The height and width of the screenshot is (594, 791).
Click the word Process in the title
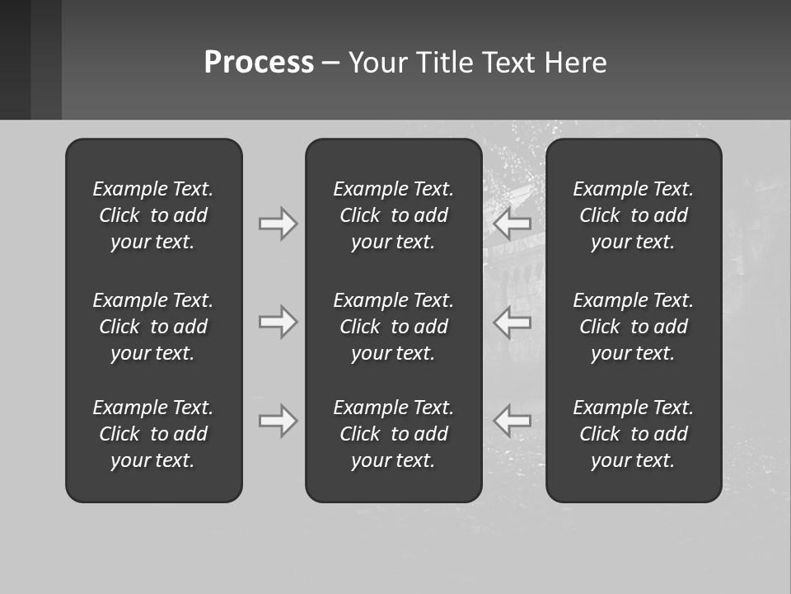(259, 63)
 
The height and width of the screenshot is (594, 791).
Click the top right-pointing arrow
(278, 223)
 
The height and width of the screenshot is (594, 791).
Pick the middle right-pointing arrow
(278, 322)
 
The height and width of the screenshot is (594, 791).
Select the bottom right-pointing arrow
(278, 421)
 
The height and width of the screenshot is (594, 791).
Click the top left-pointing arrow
(513, 223)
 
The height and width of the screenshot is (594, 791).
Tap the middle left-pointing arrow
(513, 322)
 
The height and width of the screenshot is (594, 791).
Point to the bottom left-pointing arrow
(513, 421)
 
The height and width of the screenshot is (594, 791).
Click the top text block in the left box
(153, 215)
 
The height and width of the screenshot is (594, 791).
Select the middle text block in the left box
(153, 327)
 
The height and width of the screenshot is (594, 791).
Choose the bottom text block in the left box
(153, 434)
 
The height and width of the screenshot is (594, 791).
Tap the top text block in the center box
(394, 215)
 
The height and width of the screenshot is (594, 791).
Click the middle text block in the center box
(394, 327)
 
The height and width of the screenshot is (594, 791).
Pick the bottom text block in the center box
(394, 434)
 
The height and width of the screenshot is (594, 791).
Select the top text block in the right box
(634, 215)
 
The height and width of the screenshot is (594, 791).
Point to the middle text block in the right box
(634, 327)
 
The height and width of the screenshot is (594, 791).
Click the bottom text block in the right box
(634, 434)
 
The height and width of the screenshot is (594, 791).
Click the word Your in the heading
(377, 63)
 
